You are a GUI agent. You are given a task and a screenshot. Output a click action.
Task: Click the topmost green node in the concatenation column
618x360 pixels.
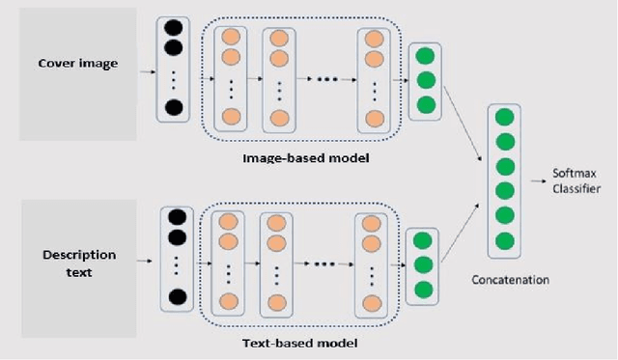point(503,118)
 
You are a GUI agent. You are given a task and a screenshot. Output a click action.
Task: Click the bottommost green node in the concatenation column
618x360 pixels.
point(503,238)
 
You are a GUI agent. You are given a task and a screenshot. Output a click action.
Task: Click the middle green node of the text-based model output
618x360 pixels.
point(420,264)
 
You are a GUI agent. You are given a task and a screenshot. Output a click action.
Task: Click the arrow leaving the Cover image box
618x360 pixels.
point(147,70)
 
